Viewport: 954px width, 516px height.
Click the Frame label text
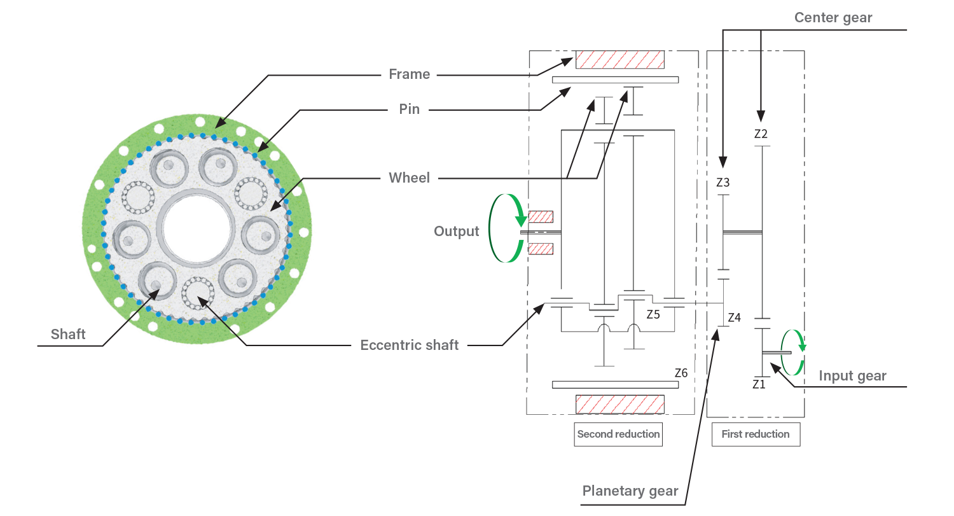point(409,74)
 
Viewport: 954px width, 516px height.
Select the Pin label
point(409,109)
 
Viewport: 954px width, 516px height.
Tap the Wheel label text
point(409,178)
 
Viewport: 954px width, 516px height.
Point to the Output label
point(456,232)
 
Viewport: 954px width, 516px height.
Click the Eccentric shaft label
point(409,345)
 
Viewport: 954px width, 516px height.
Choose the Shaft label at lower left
point(68,335)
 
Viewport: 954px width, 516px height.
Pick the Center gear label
point(833,18)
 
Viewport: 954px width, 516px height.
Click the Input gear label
point(852,376)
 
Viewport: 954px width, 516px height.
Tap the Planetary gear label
point(630,492)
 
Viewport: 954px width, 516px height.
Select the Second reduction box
point(618,434)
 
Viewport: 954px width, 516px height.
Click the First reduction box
point(755,434)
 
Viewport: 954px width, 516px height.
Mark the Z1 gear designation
point(759,384)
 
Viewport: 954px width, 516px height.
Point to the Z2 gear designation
point(761,134)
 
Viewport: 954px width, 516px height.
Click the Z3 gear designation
point(722,183)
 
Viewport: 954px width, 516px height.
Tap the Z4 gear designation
point(734,317)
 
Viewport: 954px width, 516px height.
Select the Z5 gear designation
point(653,314)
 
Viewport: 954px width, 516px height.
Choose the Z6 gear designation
point(681,373)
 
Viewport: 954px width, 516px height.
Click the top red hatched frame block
point(619,60)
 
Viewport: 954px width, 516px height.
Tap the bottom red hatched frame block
point(619,404)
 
